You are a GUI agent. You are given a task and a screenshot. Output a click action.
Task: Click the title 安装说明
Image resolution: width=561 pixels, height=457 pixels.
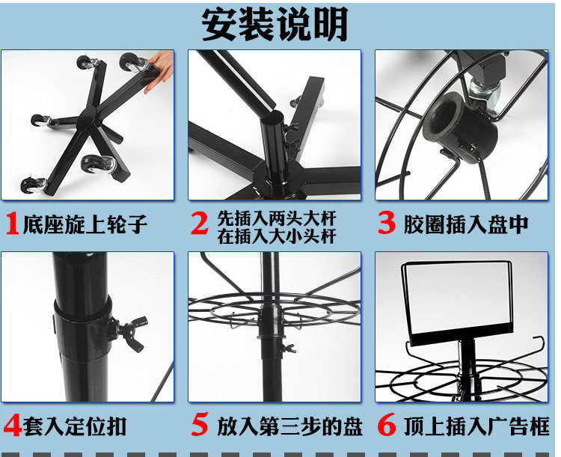pos(275,25)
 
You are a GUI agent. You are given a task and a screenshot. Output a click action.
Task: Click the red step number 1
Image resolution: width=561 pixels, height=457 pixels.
pos(13,224)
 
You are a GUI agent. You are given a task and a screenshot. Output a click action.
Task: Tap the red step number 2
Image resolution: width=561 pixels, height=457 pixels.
pos(199,223)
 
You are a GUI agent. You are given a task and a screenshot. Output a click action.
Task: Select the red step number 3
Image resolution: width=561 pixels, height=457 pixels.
pos(387,223)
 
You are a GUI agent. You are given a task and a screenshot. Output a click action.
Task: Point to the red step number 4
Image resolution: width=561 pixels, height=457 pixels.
pos(13,425)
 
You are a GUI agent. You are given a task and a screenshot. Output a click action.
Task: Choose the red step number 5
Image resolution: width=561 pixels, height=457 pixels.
pos(199,424)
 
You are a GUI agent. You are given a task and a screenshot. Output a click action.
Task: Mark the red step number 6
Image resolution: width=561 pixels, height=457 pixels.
pos(387,424)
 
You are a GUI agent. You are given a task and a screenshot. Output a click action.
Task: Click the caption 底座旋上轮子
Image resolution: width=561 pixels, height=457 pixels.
pos(85,224)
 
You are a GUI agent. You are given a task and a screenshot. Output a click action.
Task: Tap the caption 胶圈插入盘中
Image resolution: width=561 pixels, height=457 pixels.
pos(466,224)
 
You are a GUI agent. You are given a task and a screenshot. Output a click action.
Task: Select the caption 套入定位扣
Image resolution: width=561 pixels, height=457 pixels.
pos(75,426)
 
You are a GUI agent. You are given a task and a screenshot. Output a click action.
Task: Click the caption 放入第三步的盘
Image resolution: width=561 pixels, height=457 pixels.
pos(289,426)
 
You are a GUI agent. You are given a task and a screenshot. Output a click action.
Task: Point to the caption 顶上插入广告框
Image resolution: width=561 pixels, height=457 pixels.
pos(476,426)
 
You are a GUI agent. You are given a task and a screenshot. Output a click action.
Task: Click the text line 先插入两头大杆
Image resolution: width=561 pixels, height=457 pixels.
pos(277,218)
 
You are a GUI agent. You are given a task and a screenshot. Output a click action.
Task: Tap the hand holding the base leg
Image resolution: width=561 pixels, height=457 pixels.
pos(159,70)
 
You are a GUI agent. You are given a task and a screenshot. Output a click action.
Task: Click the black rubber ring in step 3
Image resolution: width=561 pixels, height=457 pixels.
pos(460,128)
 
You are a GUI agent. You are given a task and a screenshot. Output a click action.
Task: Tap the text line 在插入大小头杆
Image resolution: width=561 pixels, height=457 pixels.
pos(277,236)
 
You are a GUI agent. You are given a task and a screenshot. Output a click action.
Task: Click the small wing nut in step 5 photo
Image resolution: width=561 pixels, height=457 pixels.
pos(288,348)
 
